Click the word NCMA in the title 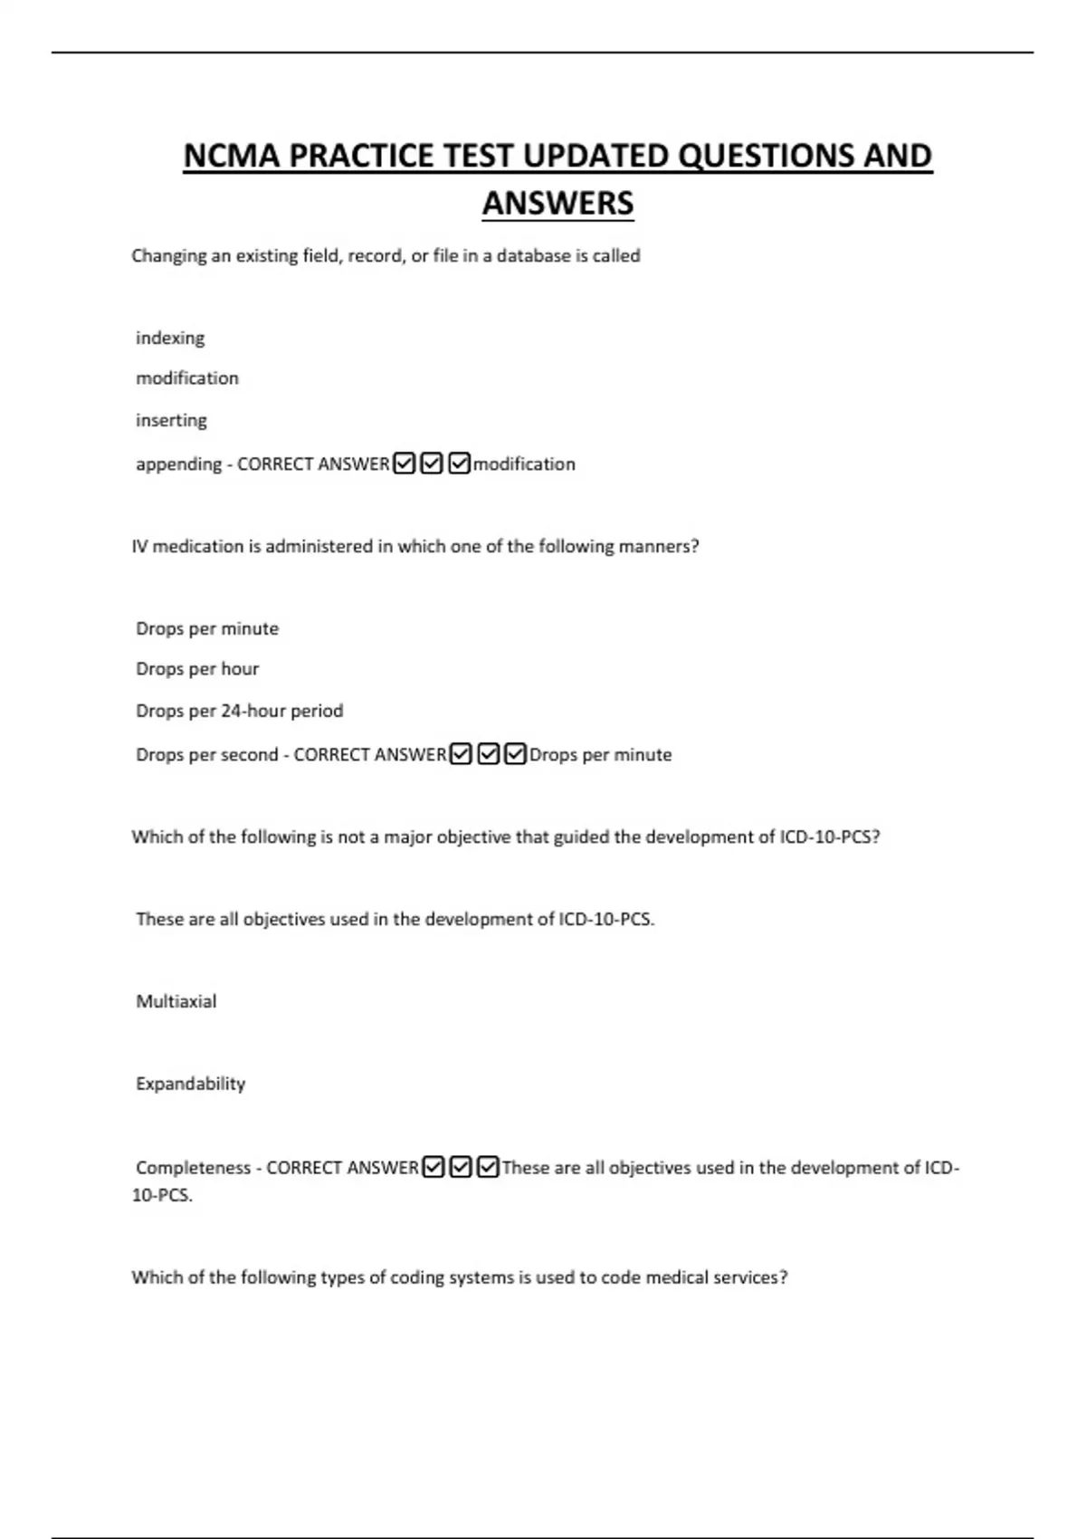click(231, 156)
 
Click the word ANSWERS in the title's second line click(557, 203)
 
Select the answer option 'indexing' click(170, 338)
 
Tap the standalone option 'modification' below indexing click(187, 378)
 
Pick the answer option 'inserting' click(171, 420)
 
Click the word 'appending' click(178, 464)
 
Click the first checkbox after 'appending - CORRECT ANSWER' click(405, 464)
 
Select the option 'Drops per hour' click(197, 669)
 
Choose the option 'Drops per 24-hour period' click(240, 711)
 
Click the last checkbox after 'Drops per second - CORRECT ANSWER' click(516, 754)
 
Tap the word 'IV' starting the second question click(139, 547)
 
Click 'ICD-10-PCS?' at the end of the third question click(830, 837)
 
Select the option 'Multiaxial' click(176, 1001)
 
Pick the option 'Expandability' click(190, 1084)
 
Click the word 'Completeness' click(194, 1168)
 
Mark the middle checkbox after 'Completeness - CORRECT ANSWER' click(461, 1167)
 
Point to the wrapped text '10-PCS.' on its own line click(162, 1195)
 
